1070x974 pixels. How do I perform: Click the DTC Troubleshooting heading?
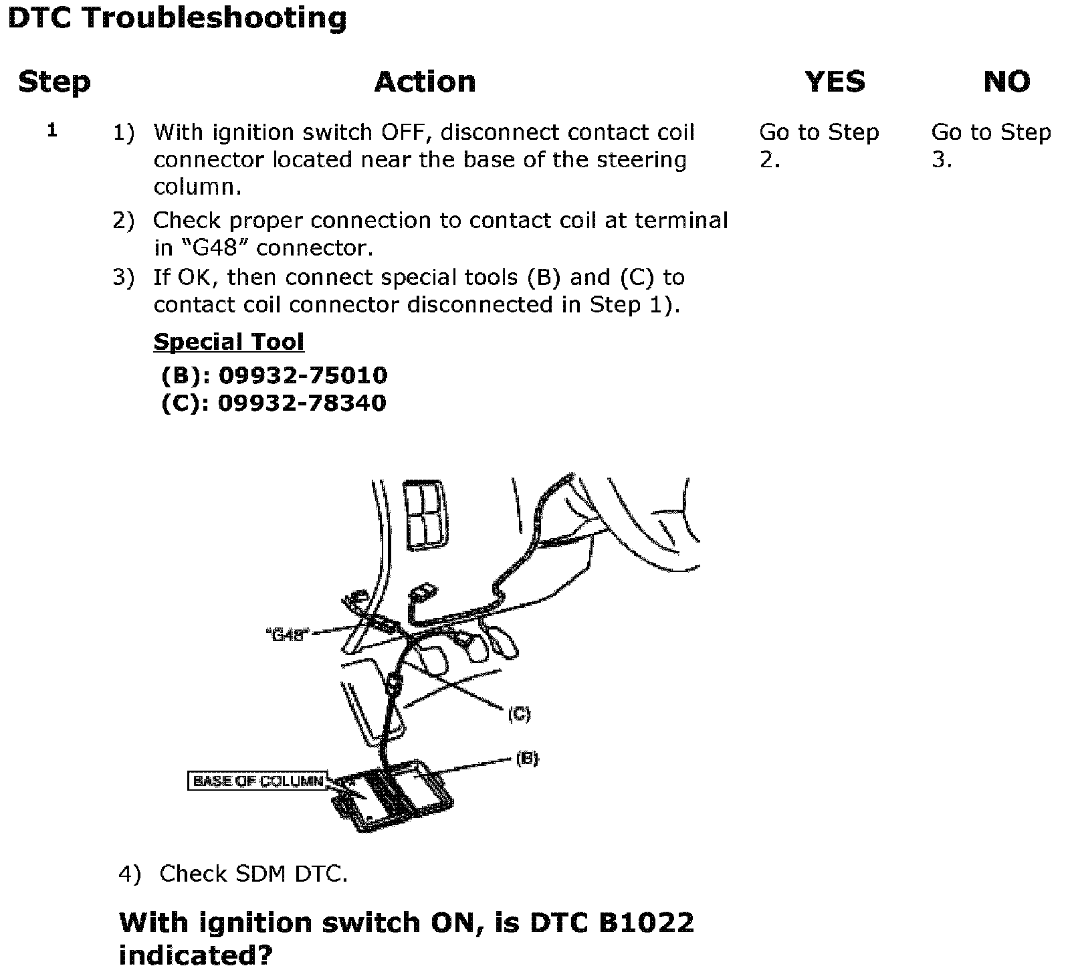click(x=177, y=18)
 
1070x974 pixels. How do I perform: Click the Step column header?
click(x=54, y=82)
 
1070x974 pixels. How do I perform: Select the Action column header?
click(x=425, y=82)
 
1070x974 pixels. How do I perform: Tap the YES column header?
click(x=835, y=82)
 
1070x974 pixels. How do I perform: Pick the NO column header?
click(x=1006, y=82)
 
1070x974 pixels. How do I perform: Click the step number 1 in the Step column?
click(x=52, y=130)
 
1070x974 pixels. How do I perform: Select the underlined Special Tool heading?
click(x=229, y=342)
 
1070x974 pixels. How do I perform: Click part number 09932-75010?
click(x=303, y=375)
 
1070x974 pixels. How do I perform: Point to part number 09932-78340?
click(x=302, y=403)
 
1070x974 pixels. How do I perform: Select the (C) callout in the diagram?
click(x=519, y=714)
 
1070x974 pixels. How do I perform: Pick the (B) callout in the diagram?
click(x=527, y=758)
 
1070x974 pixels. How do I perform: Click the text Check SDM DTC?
click(x=253, y=874)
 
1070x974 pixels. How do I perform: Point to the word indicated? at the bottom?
click(x=196, y=955)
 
